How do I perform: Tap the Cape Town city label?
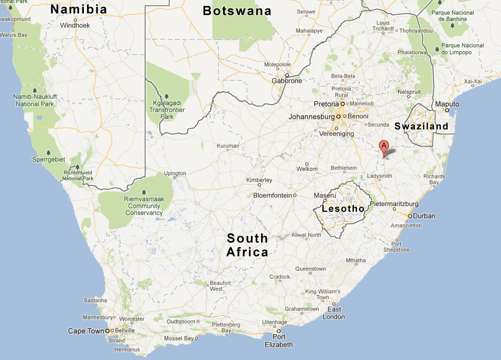(x=86, y=331)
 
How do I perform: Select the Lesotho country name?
(x=343, y=209)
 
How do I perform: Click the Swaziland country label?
(x=421, y=126)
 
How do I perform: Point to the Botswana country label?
(x=237, y=11)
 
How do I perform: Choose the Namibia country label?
(x=79, y=10)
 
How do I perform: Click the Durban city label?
(x=424, y=216)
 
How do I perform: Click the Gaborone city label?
(x=287, y=81)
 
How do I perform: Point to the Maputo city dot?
(x=447, y=110)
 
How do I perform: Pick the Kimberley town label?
(x=259, y=180)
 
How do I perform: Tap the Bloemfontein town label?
(x=272, y=195)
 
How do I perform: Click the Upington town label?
(x=175, y=173)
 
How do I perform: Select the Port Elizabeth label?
(x=278, y=341)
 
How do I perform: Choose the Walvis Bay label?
(x=14, y=35)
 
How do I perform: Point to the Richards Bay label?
(x=434, y=179)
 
